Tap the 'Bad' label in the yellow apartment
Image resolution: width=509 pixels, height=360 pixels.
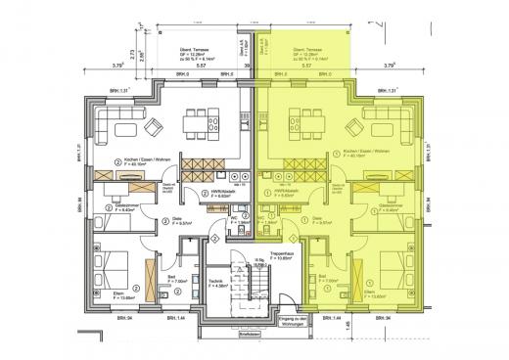coord(322,276)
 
